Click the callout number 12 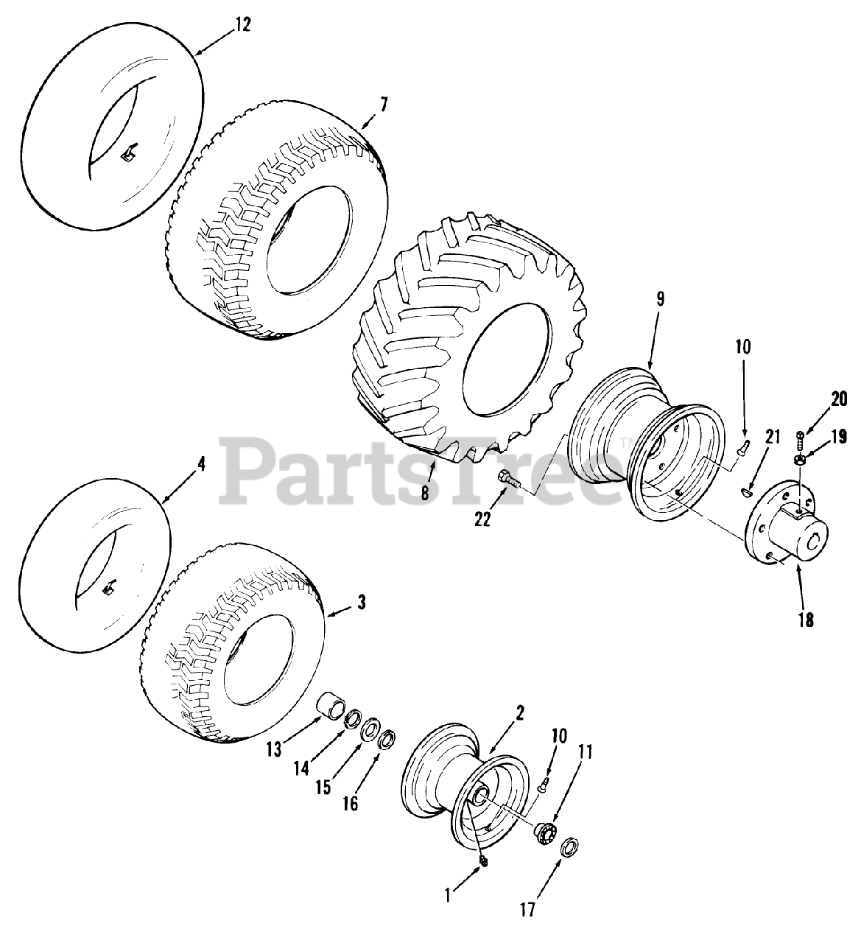coord(243,24)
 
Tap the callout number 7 coord(384,105)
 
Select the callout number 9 coord(661,299)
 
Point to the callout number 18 coord(806,620)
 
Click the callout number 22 coord(482,519)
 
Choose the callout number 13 coord(273,749)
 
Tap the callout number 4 coord(201,465)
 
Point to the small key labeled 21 coord(747,492)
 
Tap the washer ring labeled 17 coord(570,846)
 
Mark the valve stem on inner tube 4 coord(108,589)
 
